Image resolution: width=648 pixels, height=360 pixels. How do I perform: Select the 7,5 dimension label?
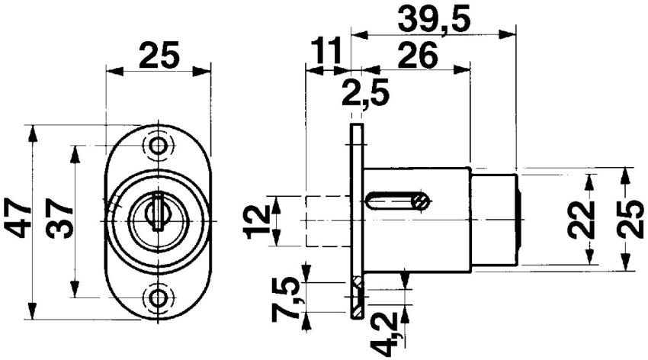tap(288, 301)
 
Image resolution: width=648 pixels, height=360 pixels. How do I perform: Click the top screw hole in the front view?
tap(159, 145)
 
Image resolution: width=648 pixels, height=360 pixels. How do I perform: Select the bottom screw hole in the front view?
tap(159, 297)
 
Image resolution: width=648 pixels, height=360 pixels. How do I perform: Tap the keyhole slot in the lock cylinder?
tap(157, 214)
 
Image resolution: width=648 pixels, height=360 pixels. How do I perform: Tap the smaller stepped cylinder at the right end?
tap(496, 220)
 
